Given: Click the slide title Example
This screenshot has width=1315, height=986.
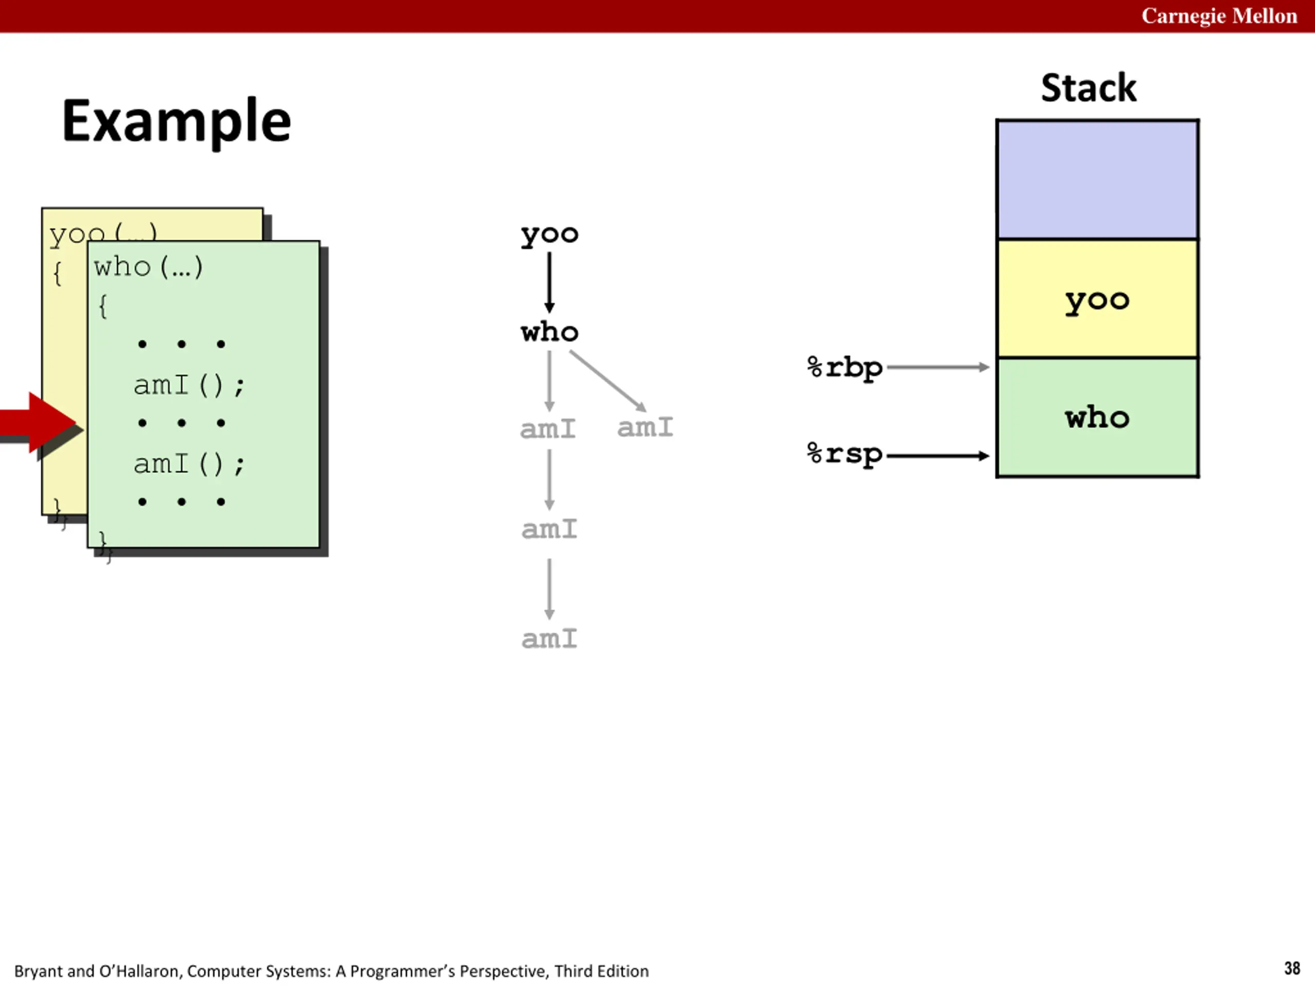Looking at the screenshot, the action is click(177, 121).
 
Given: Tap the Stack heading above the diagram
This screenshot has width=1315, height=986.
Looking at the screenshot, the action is click(1088, 88).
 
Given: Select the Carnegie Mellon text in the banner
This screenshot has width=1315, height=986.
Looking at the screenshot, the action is click(1219, 16).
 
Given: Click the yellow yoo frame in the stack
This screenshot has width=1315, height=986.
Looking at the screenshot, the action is click(1097, 298).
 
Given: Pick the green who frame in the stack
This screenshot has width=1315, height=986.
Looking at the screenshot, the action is click(1097, 417).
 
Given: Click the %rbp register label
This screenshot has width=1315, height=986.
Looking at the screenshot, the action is click(845, 368).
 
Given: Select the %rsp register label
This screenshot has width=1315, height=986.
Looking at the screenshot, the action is click(845, 454).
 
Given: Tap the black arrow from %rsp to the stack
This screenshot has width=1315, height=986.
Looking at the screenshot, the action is click(937, 456).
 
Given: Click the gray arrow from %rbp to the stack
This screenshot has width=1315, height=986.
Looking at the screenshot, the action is click(937, 367).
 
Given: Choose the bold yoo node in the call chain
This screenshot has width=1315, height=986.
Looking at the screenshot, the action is click(549, 235).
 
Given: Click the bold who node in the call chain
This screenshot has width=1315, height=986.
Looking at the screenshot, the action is click(549, 332).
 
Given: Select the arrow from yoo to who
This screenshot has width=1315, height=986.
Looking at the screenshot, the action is click(549, 282).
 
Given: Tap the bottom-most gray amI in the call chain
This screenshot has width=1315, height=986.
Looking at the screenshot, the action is click(549, 639).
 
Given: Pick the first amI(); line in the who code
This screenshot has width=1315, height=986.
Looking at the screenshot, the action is click(189, 386).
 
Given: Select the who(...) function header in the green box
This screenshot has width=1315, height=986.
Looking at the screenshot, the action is click(148, 267).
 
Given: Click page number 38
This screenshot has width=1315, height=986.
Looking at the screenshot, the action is click(1291, 968).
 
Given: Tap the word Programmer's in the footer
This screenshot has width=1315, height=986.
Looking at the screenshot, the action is click(403, 971).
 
